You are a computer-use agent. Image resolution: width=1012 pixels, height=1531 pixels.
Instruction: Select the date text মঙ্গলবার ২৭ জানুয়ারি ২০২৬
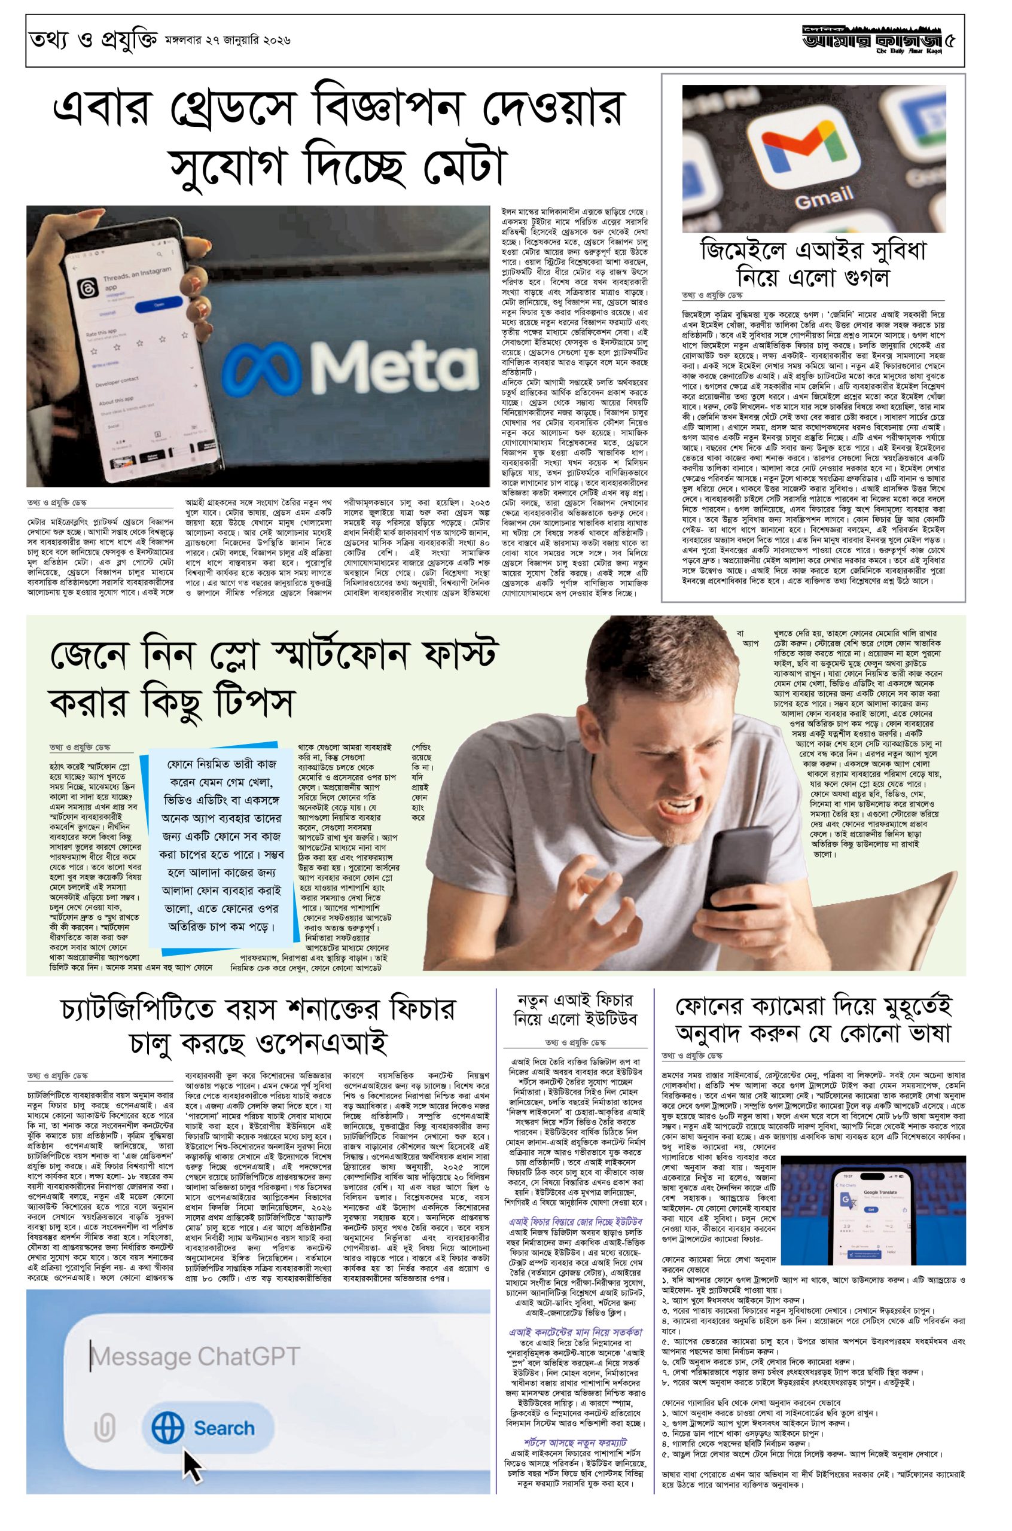227,40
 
